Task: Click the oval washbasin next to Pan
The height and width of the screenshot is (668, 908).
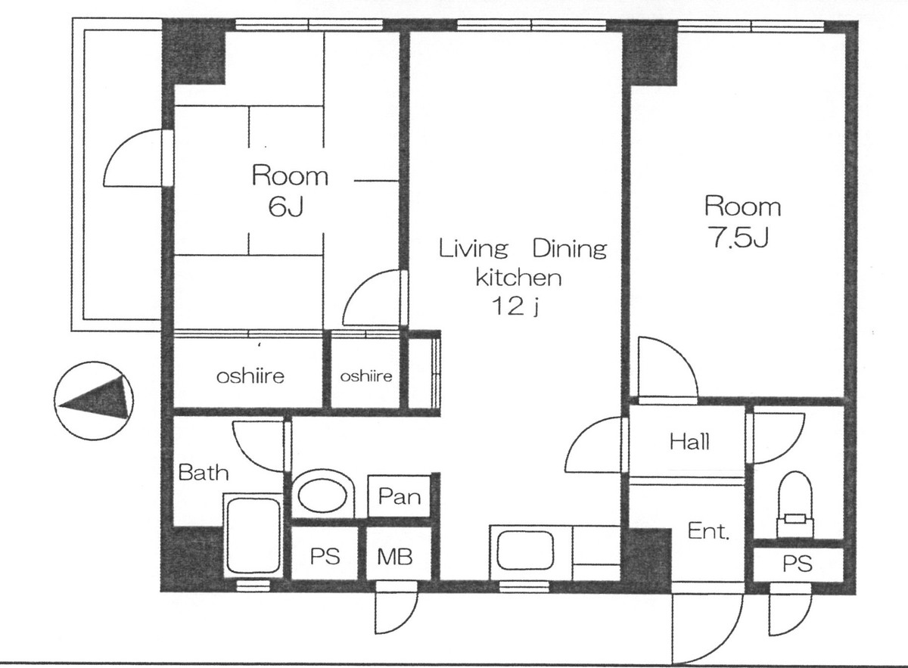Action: pos(324,495)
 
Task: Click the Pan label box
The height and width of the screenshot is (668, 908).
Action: pos(399,496)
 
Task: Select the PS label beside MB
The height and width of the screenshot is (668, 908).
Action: pos(325,558)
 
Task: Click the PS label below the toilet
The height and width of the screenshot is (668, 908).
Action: pos(797,564)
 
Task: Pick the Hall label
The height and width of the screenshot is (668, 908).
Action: pos(689,442)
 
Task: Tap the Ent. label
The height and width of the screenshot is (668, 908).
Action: pos(708,532)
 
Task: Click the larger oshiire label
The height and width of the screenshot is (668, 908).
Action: pos(250,375)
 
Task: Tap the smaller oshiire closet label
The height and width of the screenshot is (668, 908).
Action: pos(365,375)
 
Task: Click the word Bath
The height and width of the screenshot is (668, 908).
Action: pos(203,474)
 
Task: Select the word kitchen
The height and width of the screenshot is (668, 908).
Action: pos(518,278)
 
